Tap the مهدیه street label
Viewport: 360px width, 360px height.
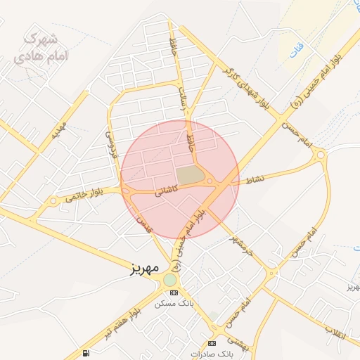coord(60,131)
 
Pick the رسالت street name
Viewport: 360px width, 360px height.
coord(185,99)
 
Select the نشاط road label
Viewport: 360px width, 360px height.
coord(255,180)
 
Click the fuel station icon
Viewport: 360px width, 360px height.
coord(86,352)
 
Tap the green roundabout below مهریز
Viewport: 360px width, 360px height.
coord(170,280)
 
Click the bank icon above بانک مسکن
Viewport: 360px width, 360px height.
coord(174,292)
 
